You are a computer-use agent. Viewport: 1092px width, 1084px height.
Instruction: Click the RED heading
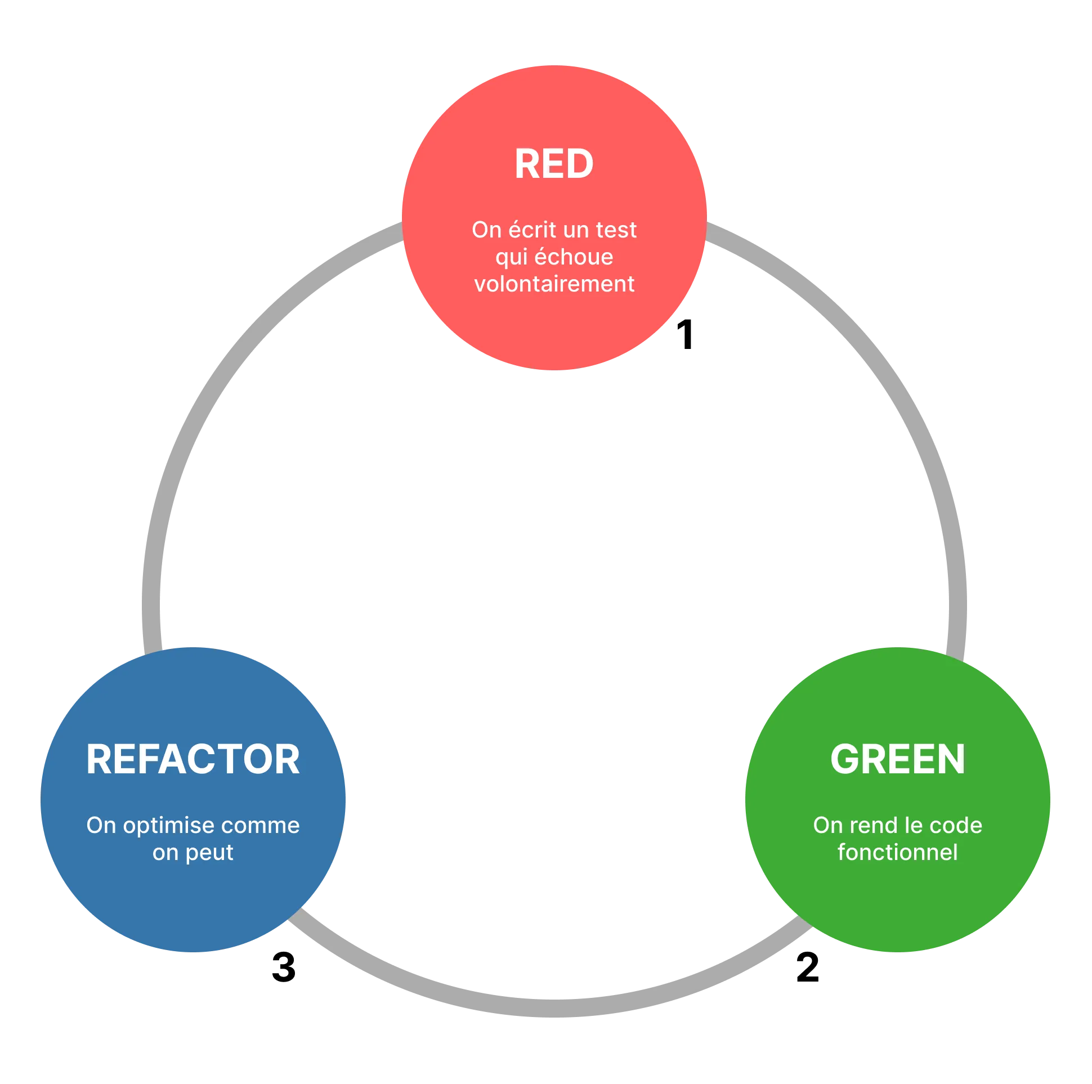(553, 164)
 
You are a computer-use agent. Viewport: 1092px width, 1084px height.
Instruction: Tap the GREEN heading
(898, 759)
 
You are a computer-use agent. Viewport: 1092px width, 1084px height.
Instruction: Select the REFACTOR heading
(193, 759)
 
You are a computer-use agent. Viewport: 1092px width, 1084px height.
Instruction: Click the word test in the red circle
(616, 230)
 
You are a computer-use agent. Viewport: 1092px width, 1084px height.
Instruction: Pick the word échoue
(574, 257)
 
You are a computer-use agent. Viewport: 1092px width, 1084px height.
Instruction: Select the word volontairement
(554, 284)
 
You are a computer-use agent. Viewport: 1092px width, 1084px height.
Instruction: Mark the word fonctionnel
(898, 852)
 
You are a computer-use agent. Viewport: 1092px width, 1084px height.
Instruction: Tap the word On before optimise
(101, 826)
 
